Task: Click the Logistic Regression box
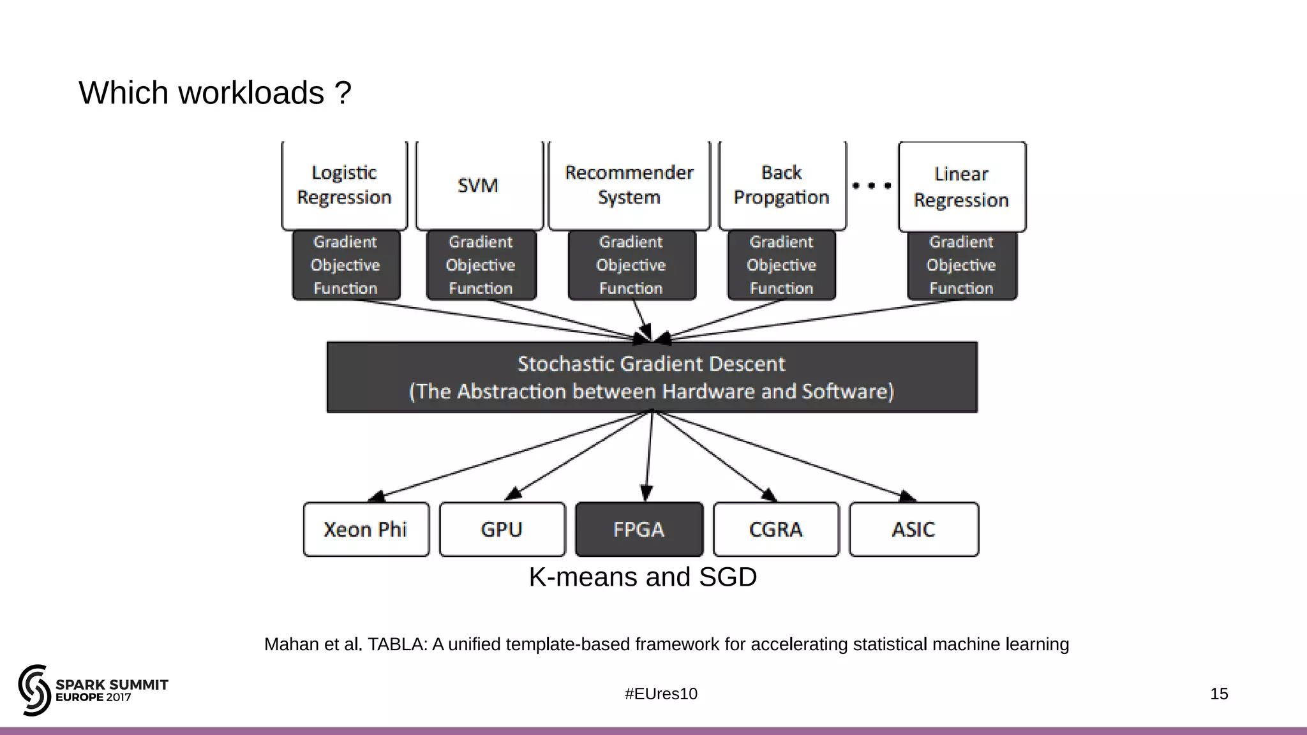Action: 344,185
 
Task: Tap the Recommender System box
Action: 629,185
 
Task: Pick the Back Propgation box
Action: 782,185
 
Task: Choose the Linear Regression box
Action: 961,186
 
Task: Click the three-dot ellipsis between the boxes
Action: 872,186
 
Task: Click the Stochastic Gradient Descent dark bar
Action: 652,377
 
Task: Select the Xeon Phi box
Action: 366,529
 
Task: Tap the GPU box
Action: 502,529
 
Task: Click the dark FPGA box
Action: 639,529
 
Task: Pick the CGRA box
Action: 775,529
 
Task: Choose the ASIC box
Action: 913,529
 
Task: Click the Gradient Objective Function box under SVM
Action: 481,265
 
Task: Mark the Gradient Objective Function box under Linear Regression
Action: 961,265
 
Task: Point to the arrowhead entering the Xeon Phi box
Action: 377,496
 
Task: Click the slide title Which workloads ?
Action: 215,93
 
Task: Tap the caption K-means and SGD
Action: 643,577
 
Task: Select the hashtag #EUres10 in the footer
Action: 661,694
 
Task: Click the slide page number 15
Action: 1218,694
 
